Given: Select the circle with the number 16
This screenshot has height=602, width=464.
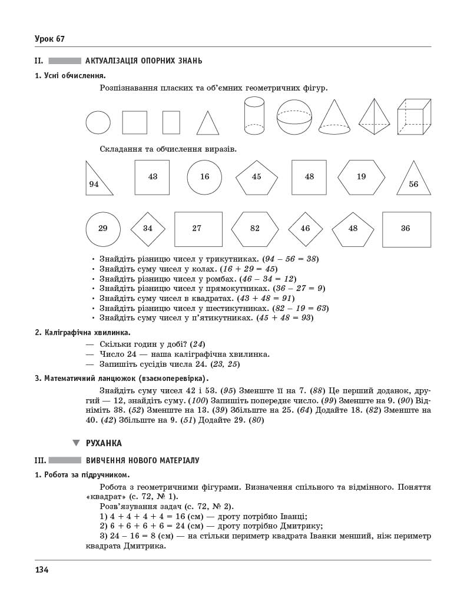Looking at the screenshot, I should (x=204, y=177).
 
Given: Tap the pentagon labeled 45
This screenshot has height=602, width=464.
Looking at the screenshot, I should (x=257, y=177).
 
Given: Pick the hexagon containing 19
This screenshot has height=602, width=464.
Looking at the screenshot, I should (x=361, y=177).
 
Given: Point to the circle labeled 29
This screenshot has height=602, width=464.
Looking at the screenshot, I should (x=103, y=229).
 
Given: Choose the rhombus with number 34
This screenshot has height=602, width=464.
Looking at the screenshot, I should (x=148, y=229).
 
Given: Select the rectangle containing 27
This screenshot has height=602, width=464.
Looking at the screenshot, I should (x=198, y=229).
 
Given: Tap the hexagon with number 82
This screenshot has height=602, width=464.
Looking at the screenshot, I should (x=255, y=229).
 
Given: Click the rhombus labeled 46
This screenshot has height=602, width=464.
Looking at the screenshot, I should (x=305, y=229).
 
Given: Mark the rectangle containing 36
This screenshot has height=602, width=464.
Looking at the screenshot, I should (x=406, y=229).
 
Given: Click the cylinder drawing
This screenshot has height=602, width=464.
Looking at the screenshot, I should (x=254, y=116).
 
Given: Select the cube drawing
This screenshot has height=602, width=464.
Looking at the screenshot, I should (x=415, y=117).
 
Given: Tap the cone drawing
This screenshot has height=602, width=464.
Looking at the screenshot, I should (x=334, y=118).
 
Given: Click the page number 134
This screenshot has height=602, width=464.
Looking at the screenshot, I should (x=41, y=570).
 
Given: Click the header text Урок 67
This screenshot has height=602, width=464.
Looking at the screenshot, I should (x=49, y=39).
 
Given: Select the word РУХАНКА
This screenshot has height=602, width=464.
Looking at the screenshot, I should (x=104, y=443).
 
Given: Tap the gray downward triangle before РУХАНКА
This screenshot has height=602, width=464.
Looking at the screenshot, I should (x=76, y=443).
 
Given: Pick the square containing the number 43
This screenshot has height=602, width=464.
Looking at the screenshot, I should (x=153, y=177).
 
